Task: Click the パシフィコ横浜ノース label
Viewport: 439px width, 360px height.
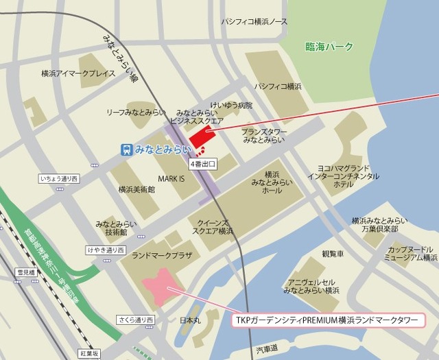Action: click(254, 22)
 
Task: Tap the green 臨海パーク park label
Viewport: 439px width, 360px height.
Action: click(329, 47)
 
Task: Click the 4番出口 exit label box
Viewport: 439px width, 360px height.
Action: click(203, 165)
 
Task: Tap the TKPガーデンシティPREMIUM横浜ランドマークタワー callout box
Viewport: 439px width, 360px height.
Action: click(326, 320)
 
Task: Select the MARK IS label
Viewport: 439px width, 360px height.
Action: click(171, 178)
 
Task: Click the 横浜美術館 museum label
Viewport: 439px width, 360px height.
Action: click(137, 189)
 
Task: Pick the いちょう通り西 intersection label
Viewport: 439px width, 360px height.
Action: click(60, 179)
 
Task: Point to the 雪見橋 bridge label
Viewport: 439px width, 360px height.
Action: click(25, 272)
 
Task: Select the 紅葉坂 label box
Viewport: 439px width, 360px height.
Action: click(89, 354)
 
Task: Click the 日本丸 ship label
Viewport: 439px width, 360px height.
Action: click(189, 320)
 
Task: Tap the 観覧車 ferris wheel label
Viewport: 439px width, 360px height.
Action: click(332, 253)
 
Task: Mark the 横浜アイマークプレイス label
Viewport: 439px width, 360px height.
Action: click(78, 73)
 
